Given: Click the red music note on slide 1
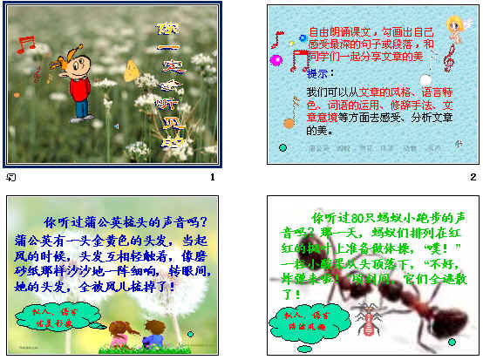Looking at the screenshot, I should click(x=26, y=42).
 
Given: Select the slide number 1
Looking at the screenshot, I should click(x=212, y=178).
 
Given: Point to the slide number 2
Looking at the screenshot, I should click(x=472, y=178).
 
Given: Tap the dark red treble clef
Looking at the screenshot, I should click(x=449, y=58).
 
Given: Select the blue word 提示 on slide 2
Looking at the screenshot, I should click(x=319, y=75).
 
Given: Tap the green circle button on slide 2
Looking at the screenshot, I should click(x=282, y=148).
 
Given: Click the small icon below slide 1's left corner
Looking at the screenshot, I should click(x=10, y=178).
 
